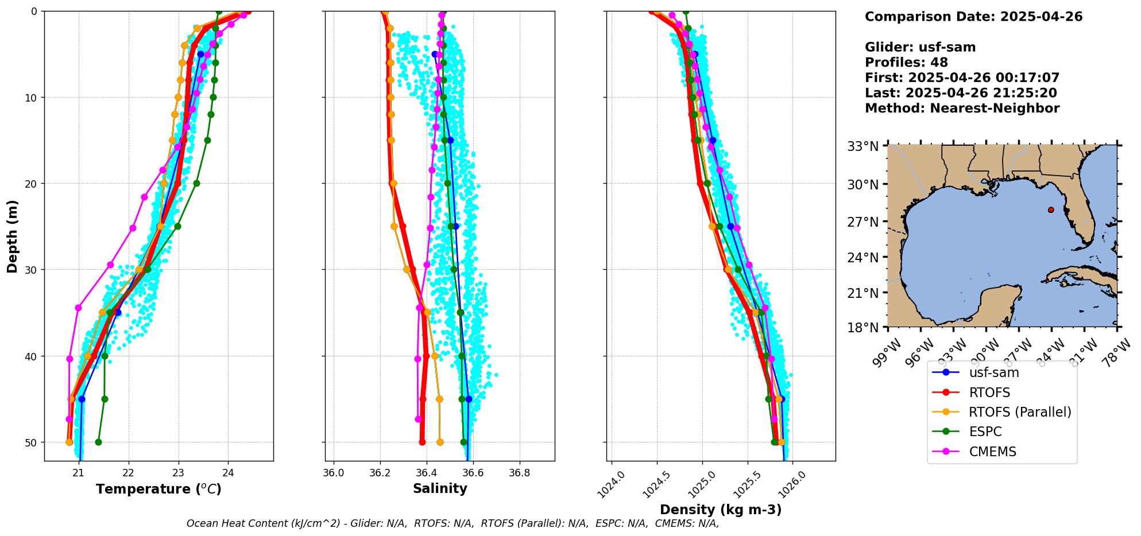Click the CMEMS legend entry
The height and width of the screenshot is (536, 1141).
[x=992, y=452]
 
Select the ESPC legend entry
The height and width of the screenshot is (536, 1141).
[x=985, y=432]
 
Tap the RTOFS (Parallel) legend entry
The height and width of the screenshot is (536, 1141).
[x=1020, y=412]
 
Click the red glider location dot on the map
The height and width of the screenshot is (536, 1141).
[x=1051, y=209]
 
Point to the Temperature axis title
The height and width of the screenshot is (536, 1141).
[x=158, y=489]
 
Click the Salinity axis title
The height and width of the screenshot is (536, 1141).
[x=440, y=488]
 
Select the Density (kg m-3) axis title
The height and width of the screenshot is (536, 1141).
[x=721, y=510]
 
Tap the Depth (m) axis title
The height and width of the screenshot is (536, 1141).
[x=13, y=236]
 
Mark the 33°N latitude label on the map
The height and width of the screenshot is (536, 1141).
[x=863, y=146]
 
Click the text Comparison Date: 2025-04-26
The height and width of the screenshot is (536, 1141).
[x=973, y=17]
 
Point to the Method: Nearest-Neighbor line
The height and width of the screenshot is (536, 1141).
[x=962, y=108]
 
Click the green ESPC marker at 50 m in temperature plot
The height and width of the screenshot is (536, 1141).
[x=98, y=442]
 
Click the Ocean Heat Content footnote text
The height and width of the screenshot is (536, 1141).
[x=452, y=523]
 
